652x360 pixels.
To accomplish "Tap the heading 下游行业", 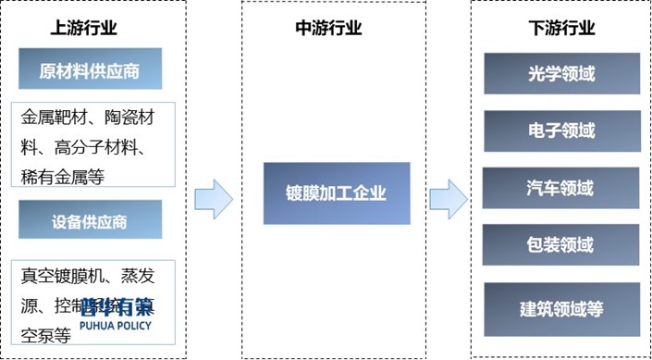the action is (560, 29).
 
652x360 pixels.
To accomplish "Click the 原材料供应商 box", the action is (90, 69).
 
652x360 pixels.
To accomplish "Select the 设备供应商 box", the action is (90, 220).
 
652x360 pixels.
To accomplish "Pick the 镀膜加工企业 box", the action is (336, 193).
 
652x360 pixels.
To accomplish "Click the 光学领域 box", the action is (560, 74).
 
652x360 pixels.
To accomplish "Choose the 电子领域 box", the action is (560, 130).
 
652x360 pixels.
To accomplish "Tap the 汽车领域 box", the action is (560, 188).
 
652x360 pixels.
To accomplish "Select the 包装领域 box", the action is (560, 245).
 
